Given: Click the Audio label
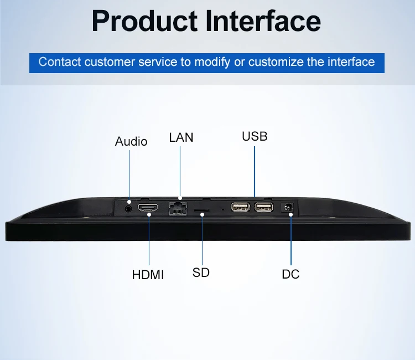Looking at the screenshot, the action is pos(131,141).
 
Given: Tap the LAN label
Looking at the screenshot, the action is pos(181,137).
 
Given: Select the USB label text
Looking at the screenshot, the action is pos(255,136).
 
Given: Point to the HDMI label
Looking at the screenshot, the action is pos(148,275).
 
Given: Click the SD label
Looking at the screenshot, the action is pos(201,272).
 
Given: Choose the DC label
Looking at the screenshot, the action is pos(290,274).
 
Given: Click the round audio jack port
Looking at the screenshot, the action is pos(128,208).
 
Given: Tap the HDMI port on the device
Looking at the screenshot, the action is pos(148,208).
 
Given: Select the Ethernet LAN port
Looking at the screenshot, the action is pos(178,208).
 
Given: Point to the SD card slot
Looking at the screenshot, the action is pos(201,210).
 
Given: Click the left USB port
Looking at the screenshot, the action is pos(240,207).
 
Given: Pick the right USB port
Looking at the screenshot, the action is pos(264,207).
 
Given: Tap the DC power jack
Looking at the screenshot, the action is pos(287,207).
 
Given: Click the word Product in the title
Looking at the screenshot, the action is pos(144,21).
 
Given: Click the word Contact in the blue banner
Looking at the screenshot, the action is pos(60,61).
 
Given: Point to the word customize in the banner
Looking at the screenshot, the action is pos(276,61).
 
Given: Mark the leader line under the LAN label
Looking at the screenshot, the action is pos(180,172).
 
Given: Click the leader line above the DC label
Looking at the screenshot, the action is pos(291,240).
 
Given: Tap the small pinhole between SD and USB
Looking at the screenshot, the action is pos(223,209).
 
